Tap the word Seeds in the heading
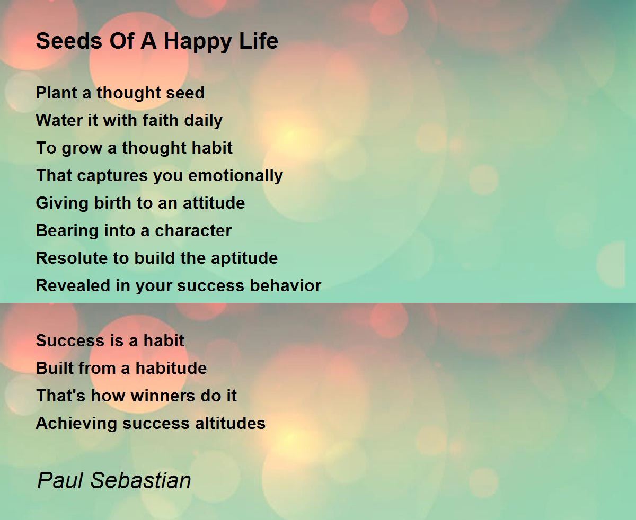tap(69, 41)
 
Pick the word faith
tap(160, 120)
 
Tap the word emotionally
tap(235, 176)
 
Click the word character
tap(193, 231)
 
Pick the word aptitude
tap(244, 259)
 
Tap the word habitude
tap(171, 368)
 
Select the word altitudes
tap(230, 423)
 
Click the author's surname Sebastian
tap(140, 480)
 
